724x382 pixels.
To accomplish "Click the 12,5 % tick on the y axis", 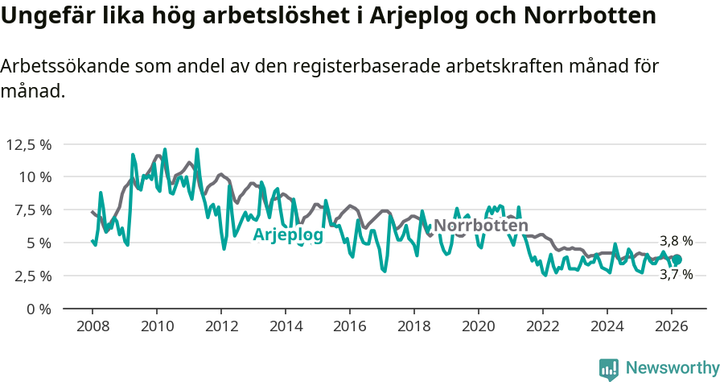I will pyautogui.click(x=29, y=144).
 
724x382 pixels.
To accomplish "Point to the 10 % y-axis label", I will pyautogui.click(x=35, y=177).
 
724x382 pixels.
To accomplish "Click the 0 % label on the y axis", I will pyautogui.click(x=40, y=309).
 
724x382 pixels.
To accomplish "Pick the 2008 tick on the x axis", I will pyautogui.click(x=93, y=326).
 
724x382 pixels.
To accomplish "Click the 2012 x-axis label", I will pyautogui.click(x=221, y=326).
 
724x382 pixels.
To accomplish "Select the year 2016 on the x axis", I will pyautogui.click(x=350, y=326).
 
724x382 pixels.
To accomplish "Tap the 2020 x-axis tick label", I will pyautogui.click(x=479, y=326).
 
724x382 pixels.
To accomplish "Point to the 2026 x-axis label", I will pyautogui.click(x=672, y=326).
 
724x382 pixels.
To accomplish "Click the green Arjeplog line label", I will pyautogui.click(x=288, y=235).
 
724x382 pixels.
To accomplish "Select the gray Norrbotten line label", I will pyautogui.click(x=481, y=226).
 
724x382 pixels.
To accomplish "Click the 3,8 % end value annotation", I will pyautogui.click(x=676, y=241).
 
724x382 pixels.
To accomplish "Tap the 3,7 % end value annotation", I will pyautogui.click(x=676, y=275).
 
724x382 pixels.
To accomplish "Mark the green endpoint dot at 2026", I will pyautogui.click(x=677, y=260).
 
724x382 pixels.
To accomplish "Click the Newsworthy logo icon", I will pyautogui.click(x=609, y=368).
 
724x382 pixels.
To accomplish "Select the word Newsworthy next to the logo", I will pyautogui.click(x=673, y=368).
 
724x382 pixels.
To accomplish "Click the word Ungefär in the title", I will pyautogui.click(x=43, y=16).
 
